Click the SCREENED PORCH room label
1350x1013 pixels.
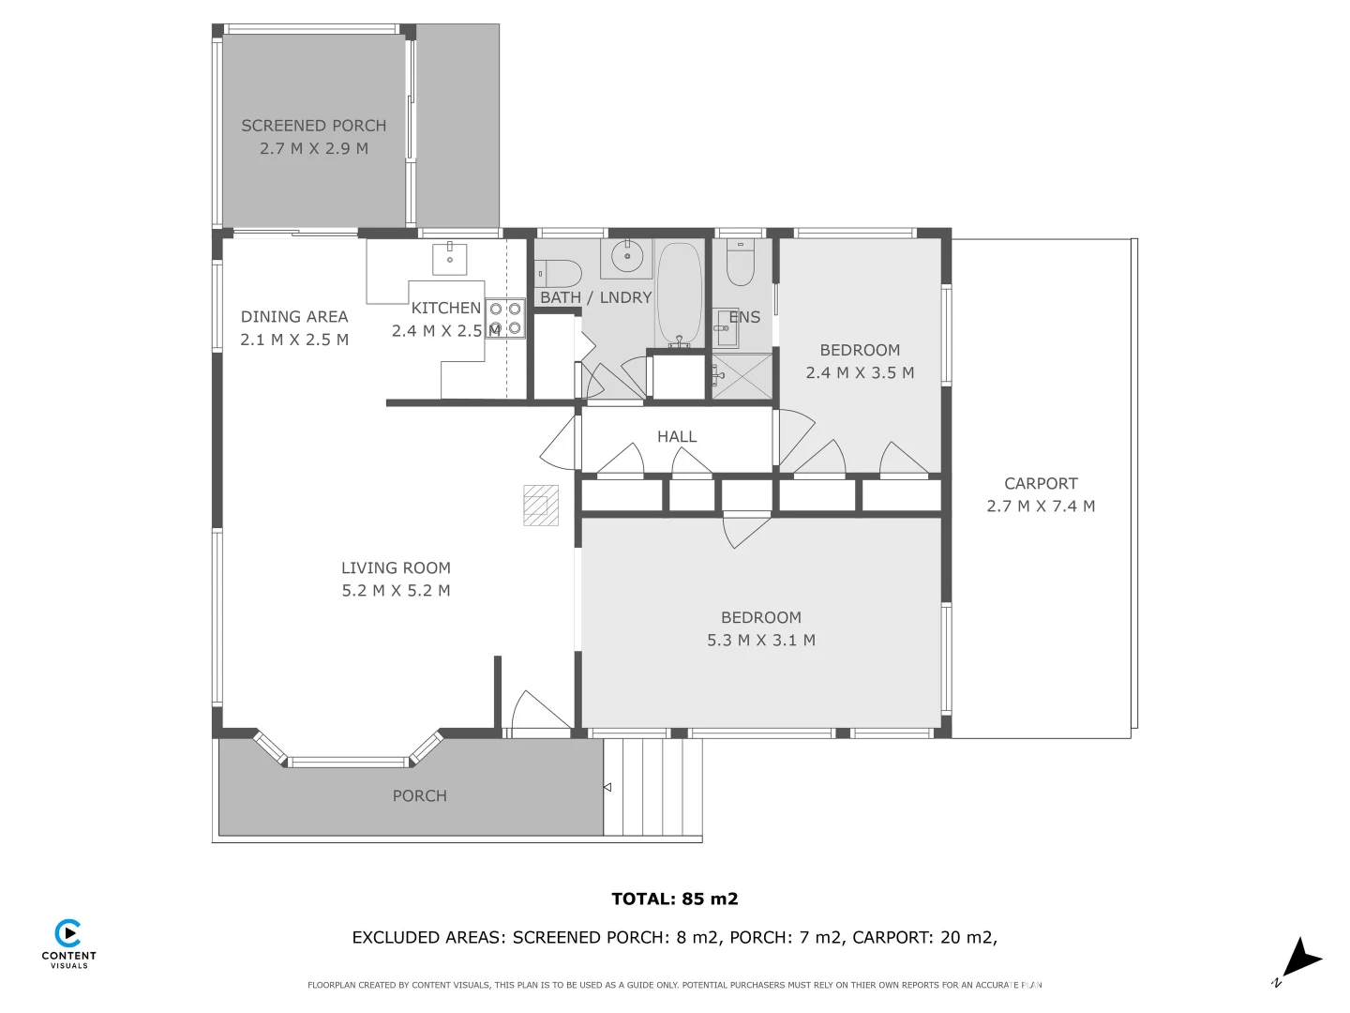point(313,126)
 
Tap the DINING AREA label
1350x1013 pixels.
point(294,317)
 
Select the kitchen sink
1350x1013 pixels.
point(450,256)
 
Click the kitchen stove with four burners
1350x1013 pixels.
point(505,318)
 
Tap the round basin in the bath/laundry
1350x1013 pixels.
point(626,255)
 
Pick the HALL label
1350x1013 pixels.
point(677,437)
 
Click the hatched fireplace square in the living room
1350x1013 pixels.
point(541,505)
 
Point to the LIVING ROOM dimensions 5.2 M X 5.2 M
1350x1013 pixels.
point(396,591)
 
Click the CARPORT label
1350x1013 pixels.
point(1041,484)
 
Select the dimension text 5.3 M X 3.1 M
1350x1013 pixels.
point(760,641)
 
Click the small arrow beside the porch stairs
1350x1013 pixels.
point(607,787)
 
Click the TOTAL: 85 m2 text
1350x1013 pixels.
point(674,899)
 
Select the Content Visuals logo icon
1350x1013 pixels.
point(68,933)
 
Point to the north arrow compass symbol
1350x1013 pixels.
point(1299,960)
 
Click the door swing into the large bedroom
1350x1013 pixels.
point(745,530)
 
